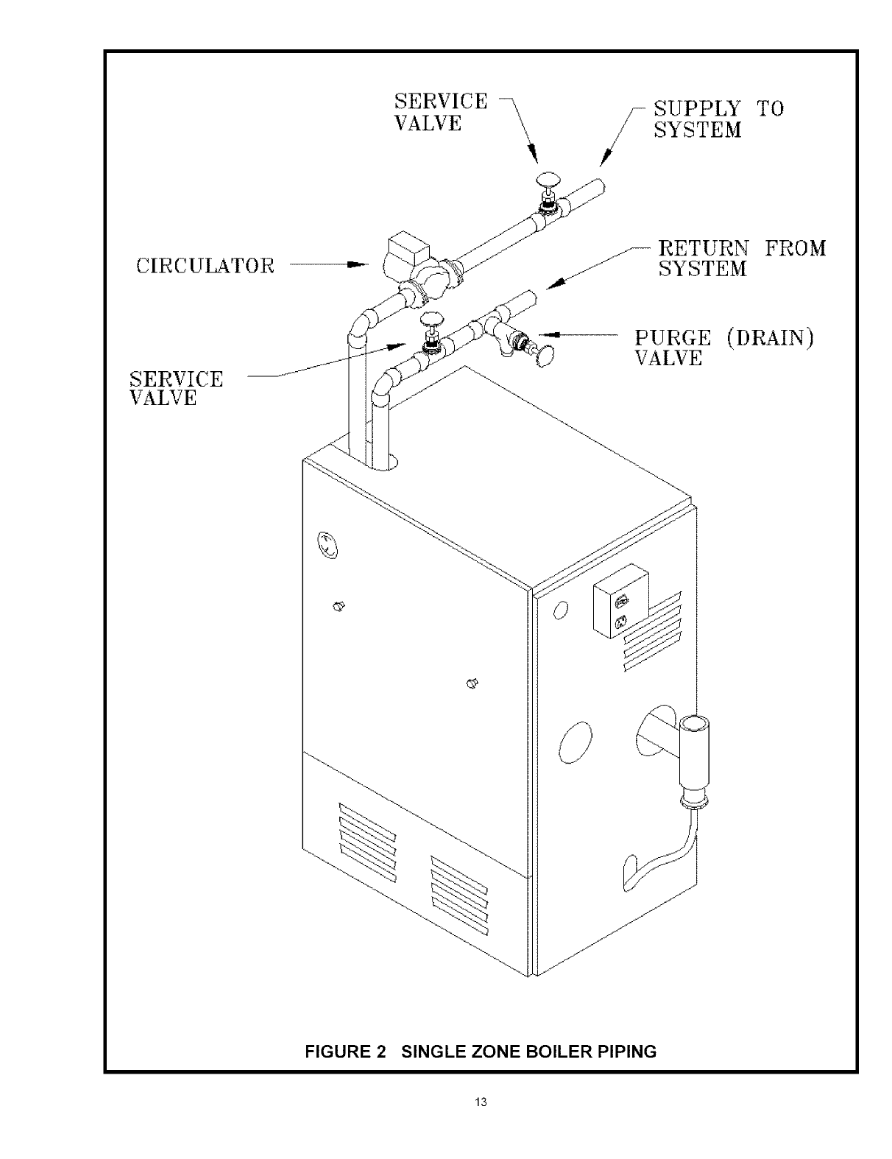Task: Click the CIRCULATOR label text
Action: tap(205, 266)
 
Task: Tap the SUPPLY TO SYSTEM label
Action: tap(718, 119)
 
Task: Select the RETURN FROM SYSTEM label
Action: tap(741, 258)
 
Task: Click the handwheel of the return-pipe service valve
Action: tap(431, 319)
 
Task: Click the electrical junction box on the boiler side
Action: tap(620, 602)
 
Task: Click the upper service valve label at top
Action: tap(440, 112)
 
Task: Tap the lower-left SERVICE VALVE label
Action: tap(176, 388)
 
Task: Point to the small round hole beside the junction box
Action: tap(560, 610)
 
